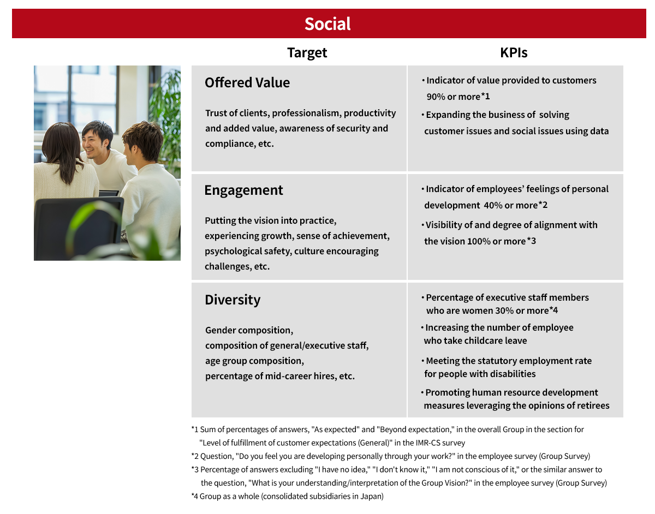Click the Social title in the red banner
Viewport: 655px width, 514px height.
click(x=327, y=24)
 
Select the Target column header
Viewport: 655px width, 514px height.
click(x=307, y=52)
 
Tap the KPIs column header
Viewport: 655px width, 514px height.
click(x=514, y=52)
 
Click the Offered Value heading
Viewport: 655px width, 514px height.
click(x=247, y=82)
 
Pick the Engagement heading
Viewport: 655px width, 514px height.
click(x=243, y=190)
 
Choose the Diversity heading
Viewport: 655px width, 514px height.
click(x=233, y=300)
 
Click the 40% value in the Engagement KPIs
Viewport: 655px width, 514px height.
click(x=493, y=205)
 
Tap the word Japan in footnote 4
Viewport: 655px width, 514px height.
click(x=371, y=497)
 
